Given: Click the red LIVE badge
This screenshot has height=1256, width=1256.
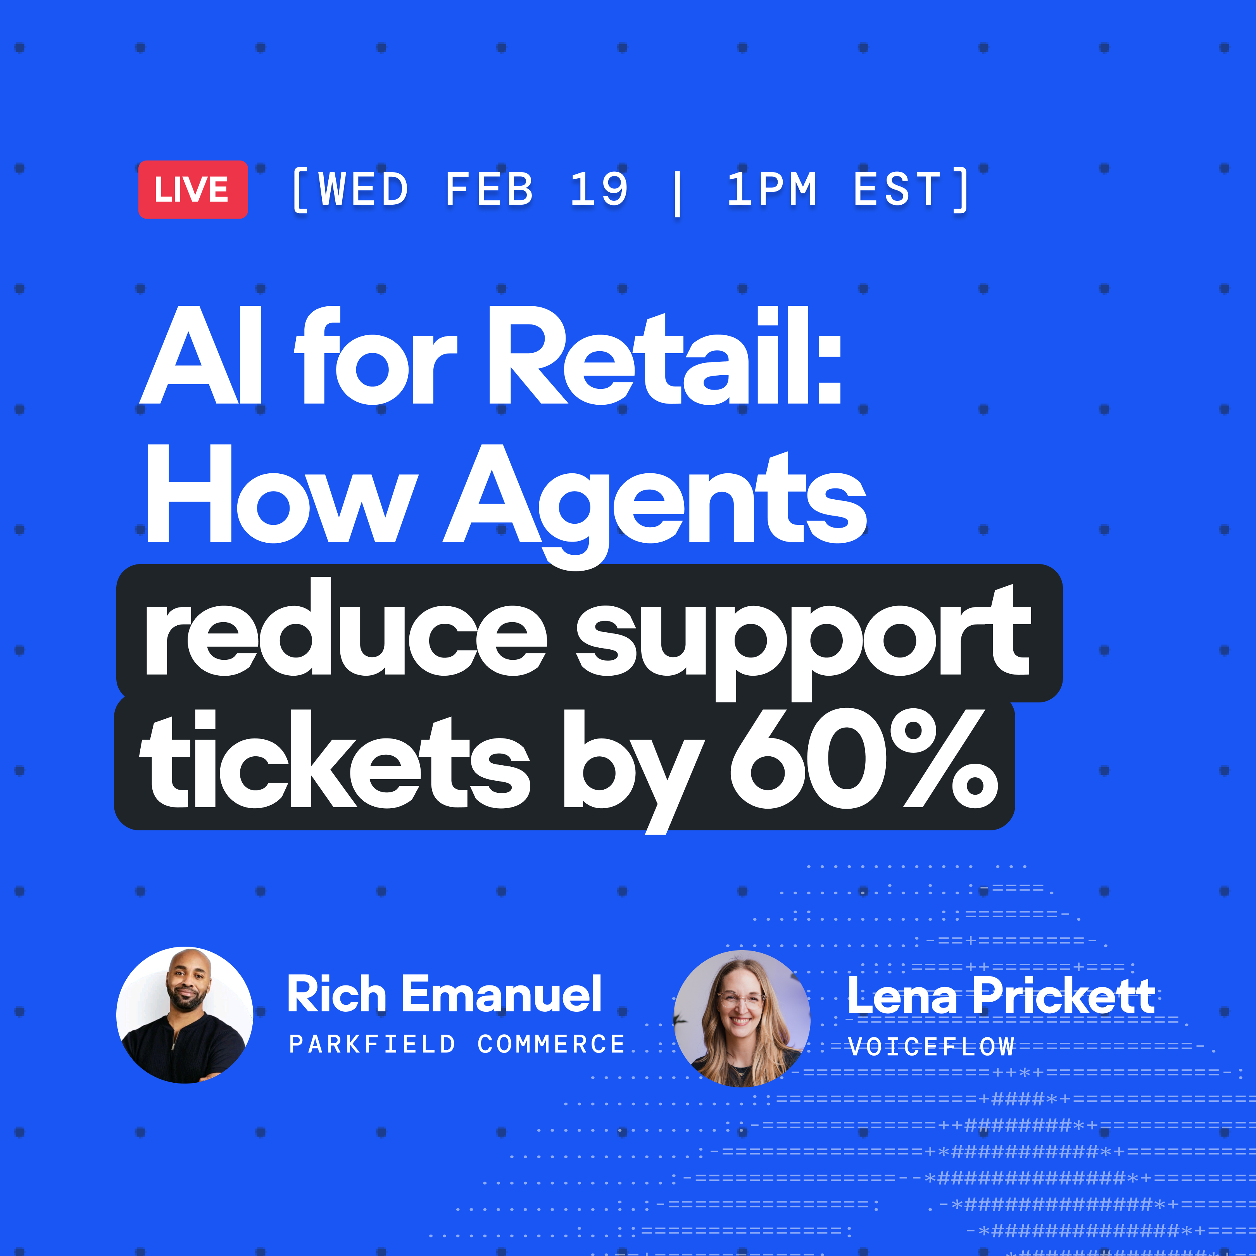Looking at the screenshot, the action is pyautogui.click(x=193, y=189).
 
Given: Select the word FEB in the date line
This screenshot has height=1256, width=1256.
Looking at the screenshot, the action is pyautogui.click(x=490, y=189).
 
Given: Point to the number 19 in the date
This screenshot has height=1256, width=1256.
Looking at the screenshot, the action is pyautogui.click(x=599, y=189).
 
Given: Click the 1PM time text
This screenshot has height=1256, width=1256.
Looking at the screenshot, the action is pyautogui.click(x=772, y=189).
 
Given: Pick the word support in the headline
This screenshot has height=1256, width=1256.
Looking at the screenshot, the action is pyautogui.click(x=803, y=640).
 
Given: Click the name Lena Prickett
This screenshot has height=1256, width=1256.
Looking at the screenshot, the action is pyautogui.click(x=1001, y=995).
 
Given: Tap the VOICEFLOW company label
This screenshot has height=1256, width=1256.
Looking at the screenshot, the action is pyautogui.click(x=931, y=1047).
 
